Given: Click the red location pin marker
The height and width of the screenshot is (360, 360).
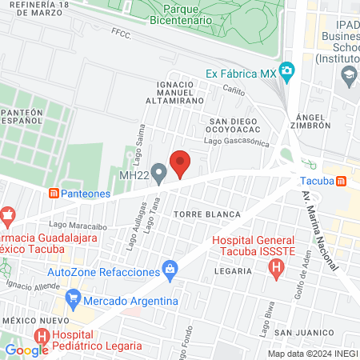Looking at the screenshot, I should tap(181, 163).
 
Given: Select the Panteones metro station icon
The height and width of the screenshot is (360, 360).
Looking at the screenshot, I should tap(54, 193).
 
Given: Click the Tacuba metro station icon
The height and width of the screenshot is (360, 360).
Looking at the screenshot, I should tap(342, 182).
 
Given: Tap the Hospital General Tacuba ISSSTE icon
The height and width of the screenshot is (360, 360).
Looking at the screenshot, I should tap(275, 269).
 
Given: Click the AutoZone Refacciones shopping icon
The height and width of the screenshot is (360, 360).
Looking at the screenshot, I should tap(170, 269).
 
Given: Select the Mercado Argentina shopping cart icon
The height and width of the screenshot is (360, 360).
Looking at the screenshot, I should tap(74, 301).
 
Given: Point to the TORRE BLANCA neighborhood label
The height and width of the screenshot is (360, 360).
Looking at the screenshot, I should tap(207, 214).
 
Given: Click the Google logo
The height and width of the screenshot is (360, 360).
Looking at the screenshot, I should tap(26, 349).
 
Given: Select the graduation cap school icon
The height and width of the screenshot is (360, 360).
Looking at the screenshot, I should tap(349, 78).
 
